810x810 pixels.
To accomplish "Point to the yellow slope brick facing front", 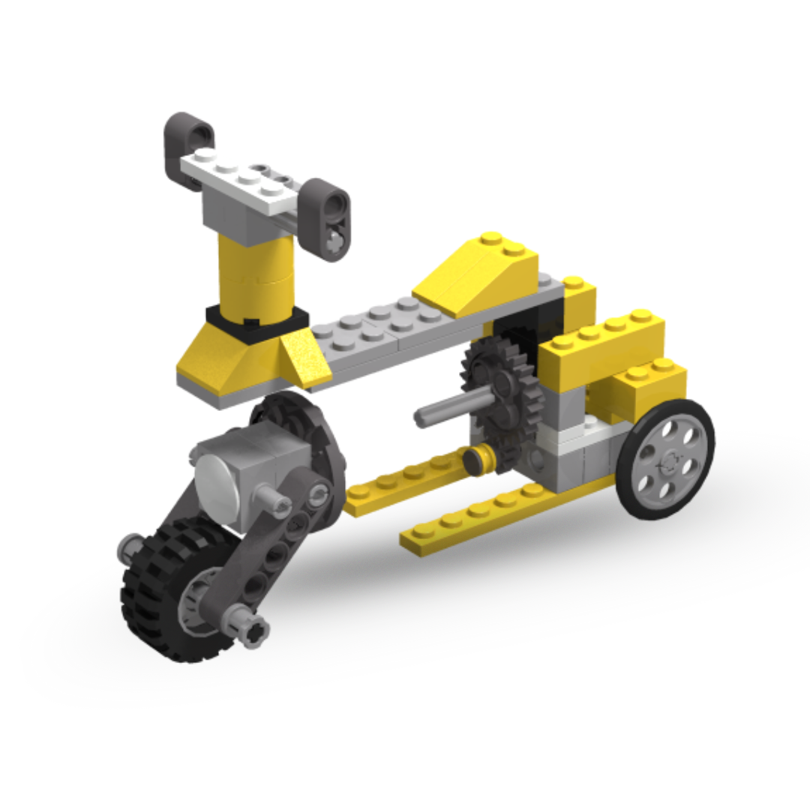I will [225, 360].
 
